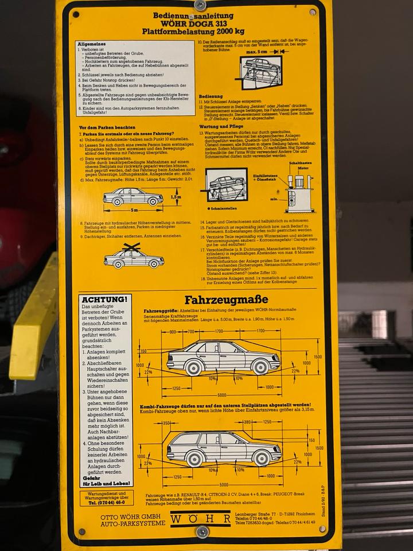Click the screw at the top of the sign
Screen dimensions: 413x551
point(200,6)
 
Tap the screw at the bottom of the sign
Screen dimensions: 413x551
point(202,532)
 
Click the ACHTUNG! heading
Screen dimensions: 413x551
point(104,300)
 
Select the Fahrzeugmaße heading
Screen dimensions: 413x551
point(225,300)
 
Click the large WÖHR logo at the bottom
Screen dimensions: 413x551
point(200,518)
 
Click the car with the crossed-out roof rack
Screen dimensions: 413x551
point(133,257)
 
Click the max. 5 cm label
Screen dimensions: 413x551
point(258,51)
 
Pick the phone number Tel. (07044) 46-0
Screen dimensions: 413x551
point(104,502)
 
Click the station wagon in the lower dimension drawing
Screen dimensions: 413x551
point(223,448)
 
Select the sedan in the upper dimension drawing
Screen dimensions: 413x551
point(223,357)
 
